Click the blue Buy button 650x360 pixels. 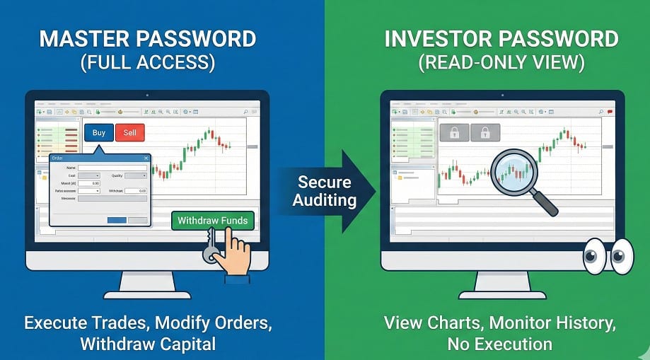[98, 133]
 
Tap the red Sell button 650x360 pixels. [129, 133]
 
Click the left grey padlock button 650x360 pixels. [453, 133]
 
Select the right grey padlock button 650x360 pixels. [486, 133]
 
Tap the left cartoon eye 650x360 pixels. [594, 255]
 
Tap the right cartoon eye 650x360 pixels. [622, 255]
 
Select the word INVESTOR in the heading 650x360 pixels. [439, 39]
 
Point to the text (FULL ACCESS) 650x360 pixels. [148, 64]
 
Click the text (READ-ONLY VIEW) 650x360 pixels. [501, 64]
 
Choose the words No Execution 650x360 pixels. [499, 344]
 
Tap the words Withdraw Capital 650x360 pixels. [147, 344]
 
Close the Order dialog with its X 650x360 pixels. [146, 158]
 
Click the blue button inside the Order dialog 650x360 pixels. [117, 220]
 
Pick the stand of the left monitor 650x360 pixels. [147, 282]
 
